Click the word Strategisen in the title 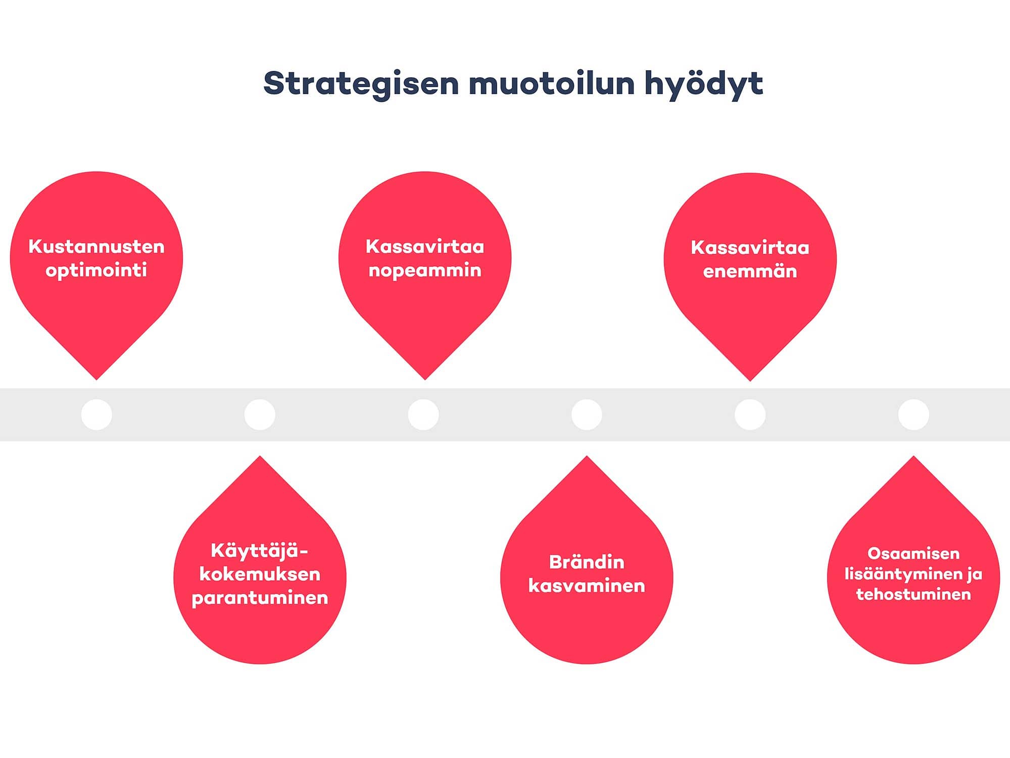point(361,84)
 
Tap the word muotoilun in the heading point(552,83)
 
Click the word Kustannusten point(97,247)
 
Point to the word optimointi point(97,270)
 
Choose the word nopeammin point(425,271)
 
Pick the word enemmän point(750,271)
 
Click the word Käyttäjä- point(259,551)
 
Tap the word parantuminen point(260,598)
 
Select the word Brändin point(587,562)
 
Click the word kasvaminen point(587,586)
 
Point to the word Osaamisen point(913,553)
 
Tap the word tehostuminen point(913,594)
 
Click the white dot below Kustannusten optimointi point(97,415)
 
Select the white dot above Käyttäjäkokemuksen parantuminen point(260,415)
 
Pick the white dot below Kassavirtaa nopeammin point(423,415)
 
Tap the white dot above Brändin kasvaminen point(587,415)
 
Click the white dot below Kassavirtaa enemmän point(750,415)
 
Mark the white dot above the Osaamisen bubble point(913,415)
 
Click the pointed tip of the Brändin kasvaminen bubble point(587,456)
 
